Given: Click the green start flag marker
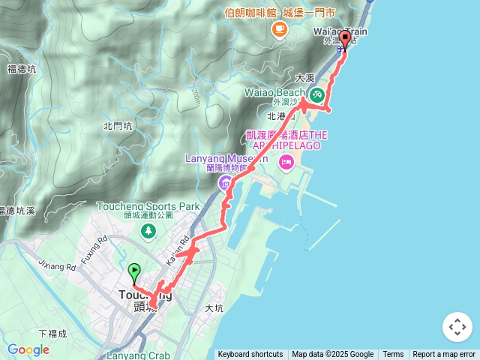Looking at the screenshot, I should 135,271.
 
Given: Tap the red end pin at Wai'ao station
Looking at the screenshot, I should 345,39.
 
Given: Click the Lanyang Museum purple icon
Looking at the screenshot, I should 224,183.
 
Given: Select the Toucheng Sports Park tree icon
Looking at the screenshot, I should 148,231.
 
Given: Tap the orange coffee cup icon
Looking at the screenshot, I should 279,28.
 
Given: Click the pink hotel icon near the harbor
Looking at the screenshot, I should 286,162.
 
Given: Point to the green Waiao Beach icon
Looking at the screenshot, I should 317,94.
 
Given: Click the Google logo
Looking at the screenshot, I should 28,350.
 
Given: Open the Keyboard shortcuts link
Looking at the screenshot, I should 250,355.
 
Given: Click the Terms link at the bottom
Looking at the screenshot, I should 393,355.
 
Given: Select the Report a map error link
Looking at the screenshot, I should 444,355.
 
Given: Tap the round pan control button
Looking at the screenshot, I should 457,327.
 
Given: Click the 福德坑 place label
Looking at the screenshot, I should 21,69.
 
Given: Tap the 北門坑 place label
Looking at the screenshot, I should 118,126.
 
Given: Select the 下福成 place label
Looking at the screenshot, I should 52,333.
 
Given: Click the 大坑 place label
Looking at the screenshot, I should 214,308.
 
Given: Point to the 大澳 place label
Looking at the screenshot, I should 304,77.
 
